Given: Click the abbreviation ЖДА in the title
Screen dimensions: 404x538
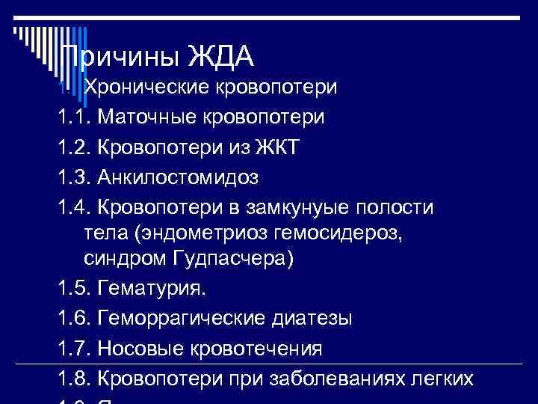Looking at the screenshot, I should [220, 56].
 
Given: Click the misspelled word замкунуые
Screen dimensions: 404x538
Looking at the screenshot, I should [310, 206].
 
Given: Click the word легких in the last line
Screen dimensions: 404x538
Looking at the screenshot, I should [445, 379].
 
